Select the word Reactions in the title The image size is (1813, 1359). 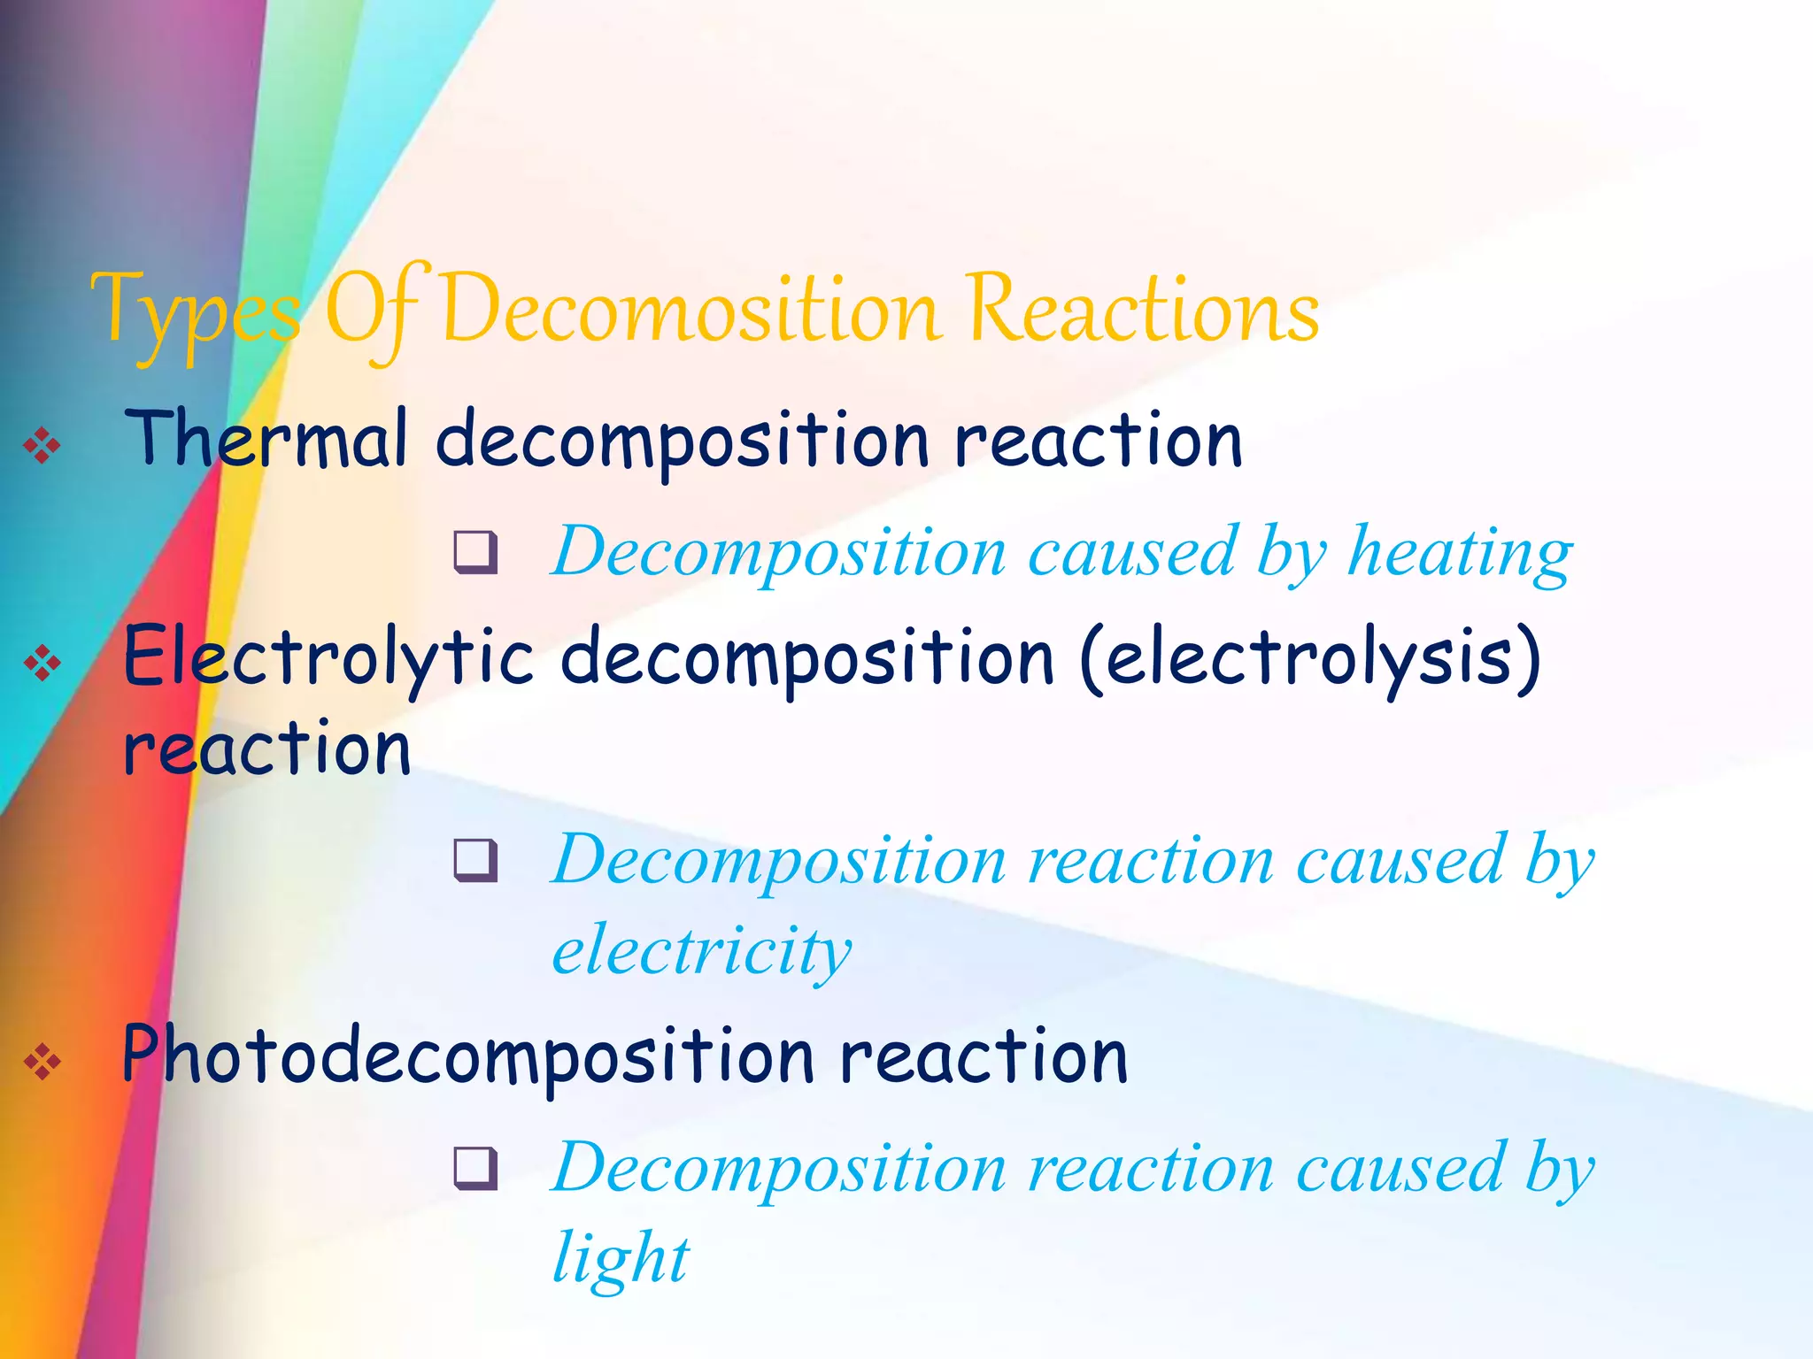1142,310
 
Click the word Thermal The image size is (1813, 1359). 266,439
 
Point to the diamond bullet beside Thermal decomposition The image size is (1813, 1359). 42,445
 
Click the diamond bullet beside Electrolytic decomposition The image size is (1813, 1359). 42,663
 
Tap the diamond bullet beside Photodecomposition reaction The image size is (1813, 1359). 42,1061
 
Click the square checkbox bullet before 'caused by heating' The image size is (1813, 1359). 475,553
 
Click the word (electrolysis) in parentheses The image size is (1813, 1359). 1310,659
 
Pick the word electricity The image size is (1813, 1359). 701,951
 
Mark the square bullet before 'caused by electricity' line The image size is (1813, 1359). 475,861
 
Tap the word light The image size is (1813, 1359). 620,1256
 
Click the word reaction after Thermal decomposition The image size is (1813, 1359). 1098,441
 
